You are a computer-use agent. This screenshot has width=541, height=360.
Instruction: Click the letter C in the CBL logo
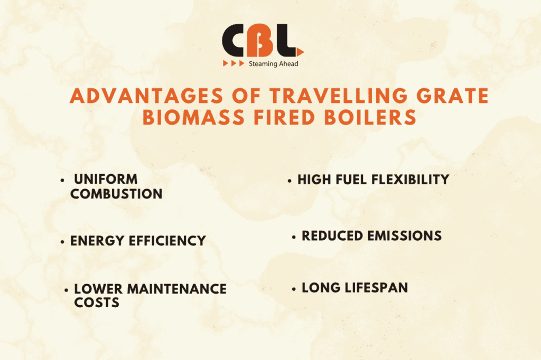pyautogui.click(x=235, y=42)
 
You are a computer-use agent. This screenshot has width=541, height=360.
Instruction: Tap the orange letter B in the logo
pyautogui.click(x=262, y=42)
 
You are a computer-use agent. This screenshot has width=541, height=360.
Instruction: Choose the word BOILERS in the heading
pyautogui.click(x=370, y=117)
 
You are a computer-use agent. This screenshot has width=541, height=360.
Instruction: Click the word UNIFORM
pyautogui.click(x=106, y=179)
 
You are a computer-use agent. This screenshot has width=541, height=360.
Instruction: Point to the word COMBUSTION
pyautogui.click(x=116, y=194)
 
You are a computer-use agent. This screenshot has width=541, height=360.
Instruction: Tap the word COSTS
pyautogui.click(x=97, y=302)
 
